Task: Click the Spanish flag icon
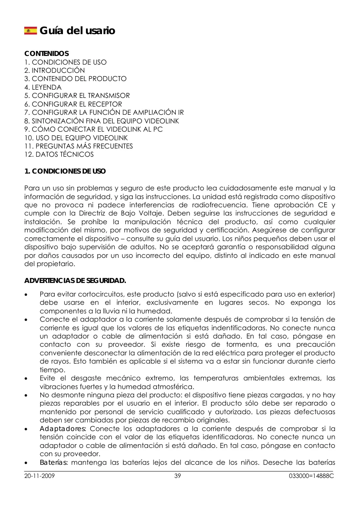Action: (x=30, y=30)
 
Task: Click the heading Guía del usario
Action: (x=77, y=31)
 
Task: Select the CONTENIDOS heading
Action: (x=46, y=54)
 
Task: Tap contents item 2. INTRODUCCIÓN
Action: (x=55, y=70)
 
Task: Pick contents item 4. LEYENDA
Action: (x=43, y=87)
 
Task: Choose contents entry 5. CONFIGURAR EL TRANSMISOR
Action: (x=77, y=95)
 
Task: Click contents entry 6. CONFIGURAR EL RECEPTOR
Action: (x=73, y=104)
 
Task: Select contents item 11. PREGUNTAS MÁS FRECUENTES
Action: (x=79, y=146)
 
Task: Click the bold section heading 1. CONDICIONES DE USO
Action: (x=65, y=171)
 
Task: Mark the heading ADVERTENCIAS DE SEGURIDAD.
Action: (x=75, y=281)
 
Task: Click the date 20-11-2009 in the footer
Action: (x=40, y=476)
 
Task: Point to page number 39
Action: (x=178, y=476)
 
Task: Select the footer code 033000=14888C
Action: (x=311, y=476)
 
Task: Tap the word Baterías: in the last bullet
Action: (x=55, y=463)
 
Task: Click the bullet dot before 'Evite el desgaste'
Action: (x=27, y=378)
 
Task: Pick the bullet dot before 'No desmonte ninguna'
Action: (x=27, y=395)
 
